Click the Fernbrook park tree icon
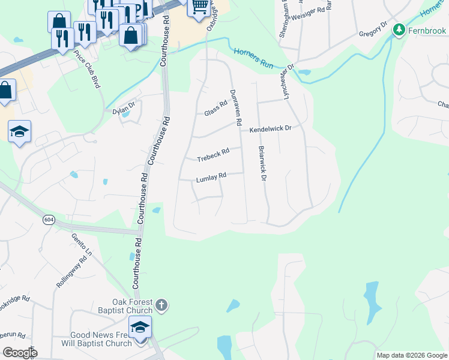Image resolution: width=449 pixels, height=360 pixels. [397, 29]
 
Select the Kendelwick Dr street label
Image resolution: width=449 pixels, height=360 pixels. [270, 128]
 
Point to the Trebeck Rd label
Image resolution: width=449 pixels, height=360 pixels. [214, 155]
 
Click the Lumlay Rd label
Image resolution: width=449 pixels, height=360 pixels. [211, 178]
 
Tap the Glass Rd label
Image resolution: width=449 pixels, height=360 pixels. [216, 108]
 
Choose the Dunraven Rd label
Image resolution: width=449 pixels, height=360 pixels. [235, 107]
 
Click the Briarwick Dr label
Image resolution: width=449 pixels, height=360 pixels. [262, 163]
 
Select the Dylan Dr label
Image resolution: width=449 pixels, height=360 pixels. [124, 110]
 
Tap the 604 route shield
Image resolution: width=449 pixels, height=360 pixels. [47, 220]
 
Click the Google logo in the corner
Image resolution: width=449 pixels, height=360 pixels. [20, 352]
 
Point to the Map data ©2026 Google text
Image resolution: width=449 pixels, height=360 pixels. [411, 355]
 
